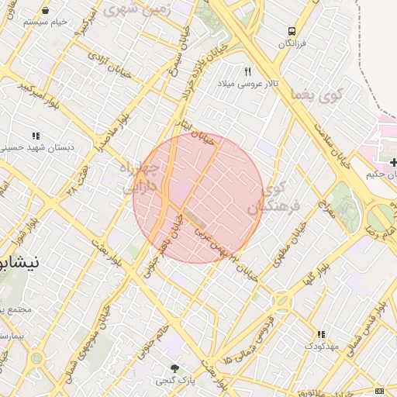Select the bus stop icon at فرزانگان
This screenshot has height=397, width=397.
click(x=292, y=32)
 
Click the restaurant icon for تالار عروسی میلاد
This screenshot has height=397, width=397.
click(x=249, y=71)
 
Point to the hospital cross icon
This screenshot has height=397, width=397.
click(x=395, y=162)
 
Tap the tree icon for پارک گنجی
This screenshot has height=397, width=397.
click(x=175, y=368)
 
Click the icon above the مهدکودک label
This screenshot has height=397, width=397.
click(x=321, y=334)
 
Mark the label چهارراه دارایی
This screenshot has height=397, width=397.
click(x=140, y=178)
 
